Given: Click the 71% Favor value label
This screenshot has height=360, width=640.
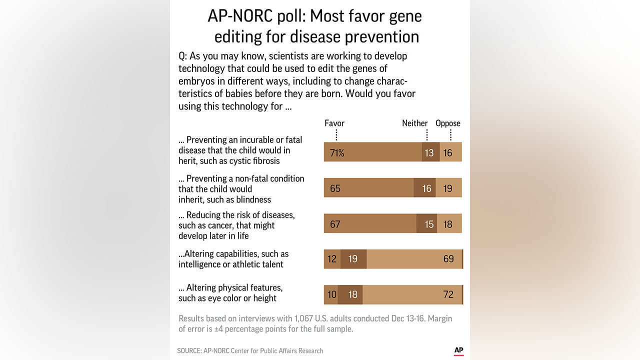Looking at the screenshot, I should click(337, 153).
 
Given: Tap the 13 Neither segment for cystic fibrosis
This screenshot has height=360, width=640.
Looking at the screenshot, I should click(429, 153).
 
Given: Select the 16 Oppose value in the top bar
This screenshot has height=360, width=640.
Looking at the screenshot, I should click(447, 153).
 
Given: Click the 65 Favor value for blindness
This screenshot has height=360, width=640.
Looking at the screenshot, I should click(335, 189).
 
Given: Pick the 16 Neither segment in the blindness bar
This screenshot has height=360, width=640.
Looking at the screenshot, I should click(426, 189).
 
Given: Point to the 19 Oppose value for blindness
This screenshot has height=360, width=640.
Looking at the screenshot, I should click(447, 189).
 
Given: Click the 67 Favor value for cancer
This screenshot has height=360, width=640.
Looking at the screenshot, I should click(335, 224).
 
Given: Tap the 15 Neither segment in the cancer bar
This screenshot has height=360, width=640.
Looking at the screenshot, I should click(429, 224).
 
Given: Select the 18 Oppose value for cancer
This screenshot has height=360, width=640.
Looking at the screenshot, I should click(447, 224).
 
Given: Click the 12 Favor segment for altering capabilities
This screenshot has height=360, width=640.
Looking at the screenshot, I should click(332, 259).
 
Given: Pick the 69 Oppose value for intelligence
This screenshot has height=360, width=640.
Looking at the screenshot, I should click(448, 259).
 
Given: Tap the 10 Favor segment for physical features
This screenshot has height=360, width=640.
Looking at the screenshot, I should click(332, 294).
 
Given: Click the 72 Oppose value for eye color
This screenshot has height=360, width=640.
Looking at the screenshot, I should click(448, 294).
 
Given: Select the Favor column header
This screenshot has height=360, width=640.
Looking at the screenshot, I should click(334, 123).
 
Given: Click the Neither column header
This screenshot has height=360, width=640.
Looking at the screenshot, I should click(415, 123).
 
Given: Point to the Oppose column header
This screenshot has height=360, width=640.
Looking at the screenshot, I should click(448, 123).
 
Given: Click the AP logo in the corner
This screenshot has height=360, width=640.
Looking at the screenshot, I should click(458, 350).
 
